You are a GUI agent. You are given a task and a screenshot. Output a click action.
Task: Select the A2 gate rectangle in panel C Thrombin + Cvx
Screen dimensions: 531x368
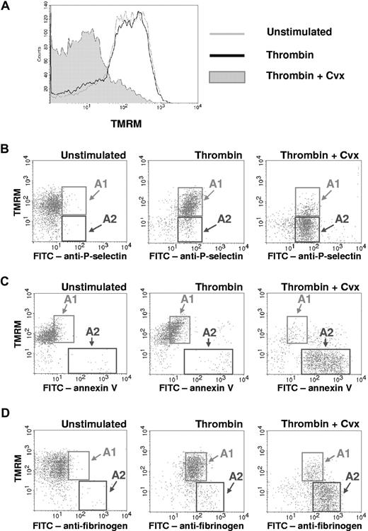(325, 361)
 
